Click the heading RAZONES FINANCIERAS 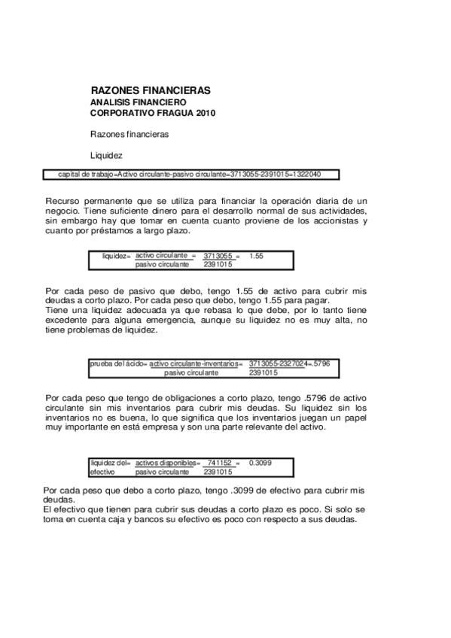point(150,91)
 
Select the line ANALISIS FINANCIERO point(138,102)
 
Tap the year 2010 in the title point(206,114)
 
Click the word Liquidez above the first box point(106,156)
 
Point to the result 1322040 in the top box point(306,175)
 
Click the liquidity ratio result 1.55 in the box point(256,256)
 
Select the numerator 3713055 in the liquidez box point(218,256)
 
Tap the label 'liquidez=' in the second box point(117,256)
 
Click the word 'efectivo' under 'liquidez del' point(102,472)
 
